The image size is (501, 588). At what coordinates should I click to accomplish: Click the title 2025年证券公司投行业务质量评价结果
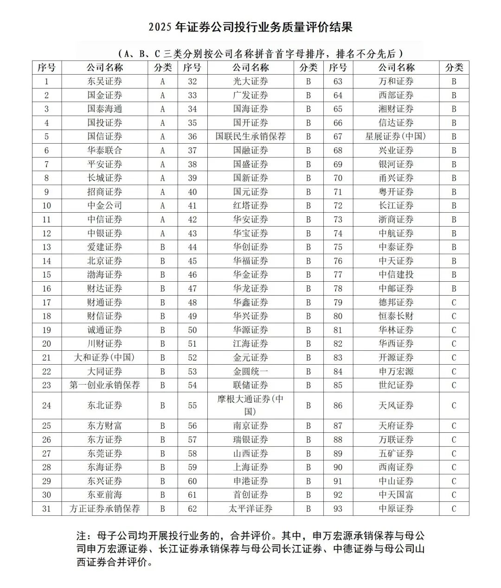(250, 27)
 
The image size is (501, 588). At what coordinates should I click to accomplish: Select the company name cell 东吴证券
(105, 82)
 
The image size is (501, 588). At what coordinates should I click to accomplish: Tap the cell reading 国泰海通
(105, 109)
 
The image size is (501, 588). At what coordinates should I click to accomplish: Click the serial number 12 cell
(46, 233)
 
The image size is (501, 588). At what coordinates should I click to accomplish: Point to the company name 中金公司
(105, 205)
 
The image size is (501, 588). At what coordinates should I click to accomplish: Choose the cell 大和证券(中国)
(105, 357)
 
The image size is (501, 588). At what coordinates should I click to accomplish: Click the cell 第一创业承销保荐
(105, 385)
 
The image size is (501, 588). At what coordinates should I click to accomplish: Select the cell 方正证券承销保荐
(105, 508)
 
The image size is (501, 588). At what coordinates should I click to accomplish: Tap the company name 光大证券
(250, 82)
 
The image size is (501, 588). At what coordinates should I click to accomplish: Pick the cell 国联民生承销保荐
(250, 137)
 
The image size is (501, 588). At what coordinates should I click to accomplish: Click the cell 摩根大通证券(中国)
(250, 405)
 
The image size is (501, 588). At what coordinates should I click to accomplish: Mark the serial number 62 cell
(193, 508)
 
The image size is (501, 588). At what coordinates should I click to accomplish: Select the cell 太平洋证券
(250, 508)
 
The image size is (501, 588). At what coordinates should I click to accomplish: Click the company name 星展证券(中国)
(396, 137)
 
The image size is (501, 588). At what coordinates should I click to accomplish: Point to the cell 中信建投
(396, 274)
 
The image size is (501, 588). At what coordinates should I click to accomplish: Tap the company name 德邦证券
(396, 302)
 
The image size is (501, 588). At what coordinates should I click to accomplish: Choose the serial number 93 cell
(338, 508)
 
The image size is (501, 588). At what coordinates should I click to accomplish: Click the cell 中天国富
(396, 494)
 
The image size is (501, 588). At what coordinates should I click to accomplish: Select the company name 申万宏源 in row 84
(396, 371)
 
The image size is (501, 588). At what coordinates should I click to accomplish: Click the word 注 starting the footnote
(82, 536)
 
